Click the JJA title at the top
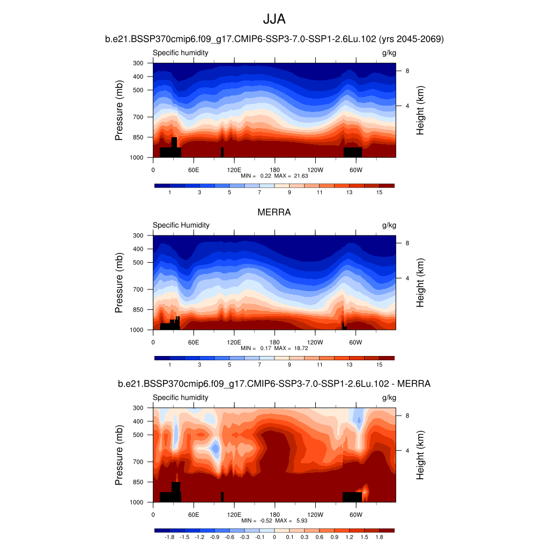[x=274, y=20]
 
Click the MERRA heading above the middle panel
[x=274, y=212]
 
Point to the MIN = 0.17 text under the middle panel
[x=256, y=348]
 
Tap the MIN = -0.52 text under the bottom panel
[x=255, y=521]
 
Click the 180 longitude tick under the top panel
[x=274, y=169]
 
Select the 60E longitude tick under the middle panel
[x=194, y=342]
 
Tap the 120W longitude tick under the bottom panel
[x=315, y=514]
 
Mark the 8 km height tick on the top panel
[x=407, y=71]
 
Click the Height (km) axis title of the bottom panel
[x=420, y=455]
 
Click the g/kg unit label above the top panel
[x=389, y=53]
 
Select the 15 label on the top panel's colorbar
[x=379, y=192]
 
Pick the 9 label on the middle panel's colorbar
[x=290, y=365]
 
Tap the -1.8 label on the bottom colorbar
[x=169, y=537]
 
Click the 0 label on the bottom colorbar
[x=274, y=537]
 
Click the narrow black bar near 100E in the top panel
[x=222, y=152]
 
